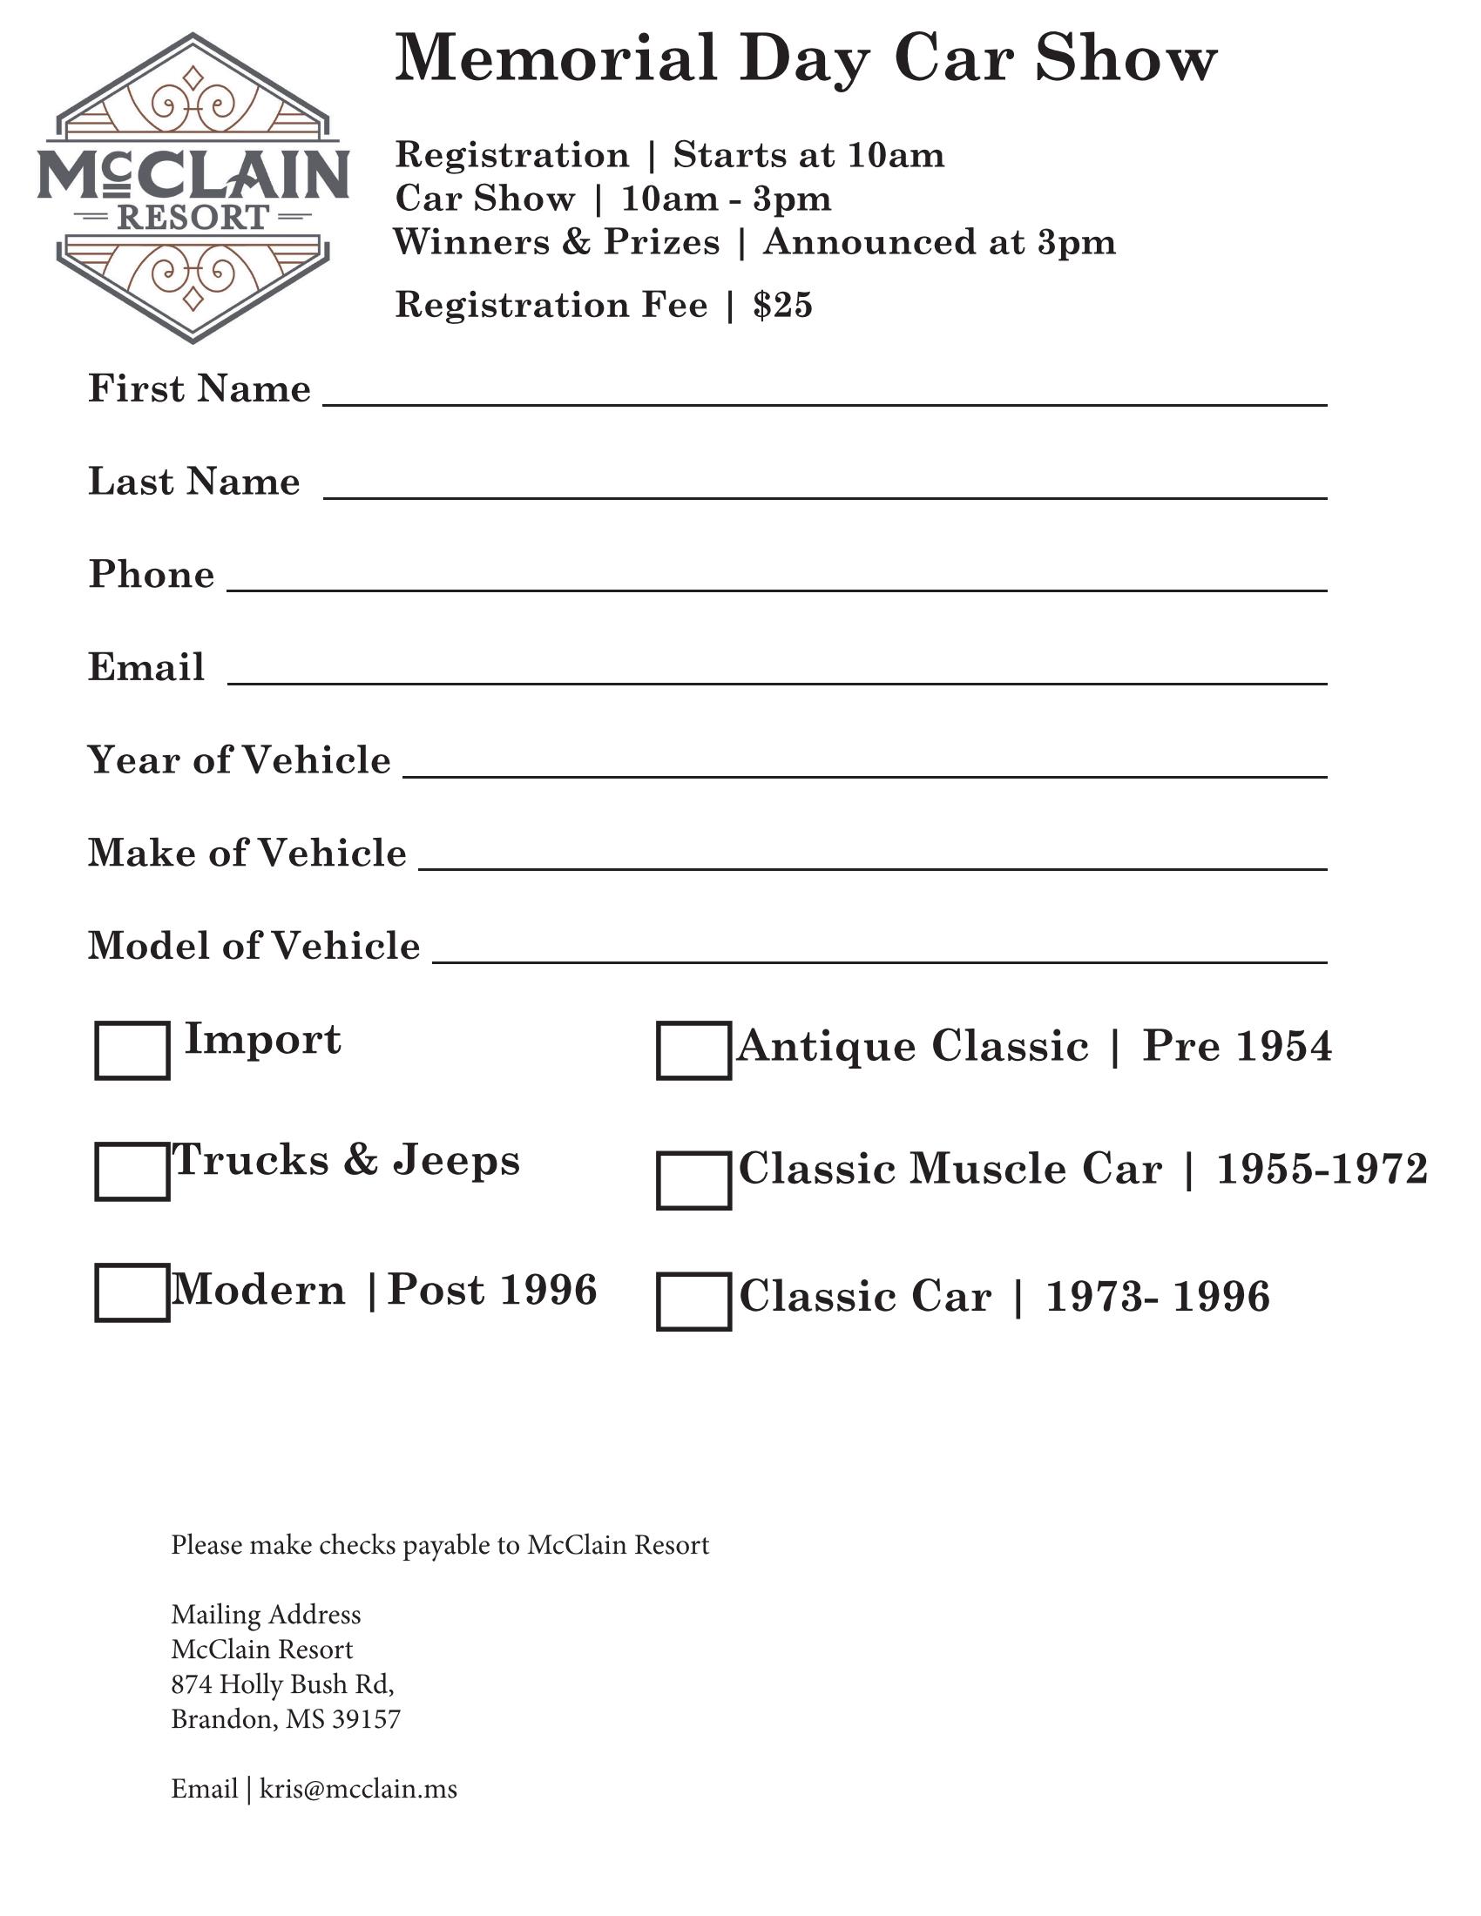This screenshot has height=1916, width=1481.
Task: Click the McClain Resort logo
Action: tap(193, 187)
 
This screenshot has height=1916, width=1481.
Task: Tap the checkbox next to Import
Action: tap(132, 1050)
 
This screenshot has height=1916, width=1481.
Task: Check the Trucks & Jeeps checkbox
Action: tap(132, 1171)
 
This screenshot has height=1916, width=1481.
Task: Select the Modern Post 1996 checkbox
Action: tap(132, 1292)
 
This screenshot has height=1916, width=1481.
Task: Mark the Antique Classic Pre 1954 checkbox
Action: tap(693, 1050)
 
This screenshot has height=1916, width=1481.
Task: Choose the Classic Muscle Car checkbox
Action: tap(693, 1180)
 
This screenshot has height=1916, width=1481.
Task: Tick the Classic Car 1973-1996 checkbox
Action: tap(693, 1301)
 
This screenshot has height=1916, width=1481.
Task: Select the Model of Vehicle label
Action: tap(254, 946)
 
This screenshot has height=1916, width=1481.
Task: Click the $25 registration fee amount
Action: tap(782, 306)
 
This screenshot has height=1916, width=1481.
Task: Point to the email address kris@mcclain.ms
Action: tap(358, 1789)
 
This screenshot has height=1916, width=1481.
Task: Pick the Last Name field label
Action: tap(194, 482)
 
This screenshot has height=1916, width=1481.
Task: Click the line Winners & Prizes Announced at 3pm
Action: tap(754, 242)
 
